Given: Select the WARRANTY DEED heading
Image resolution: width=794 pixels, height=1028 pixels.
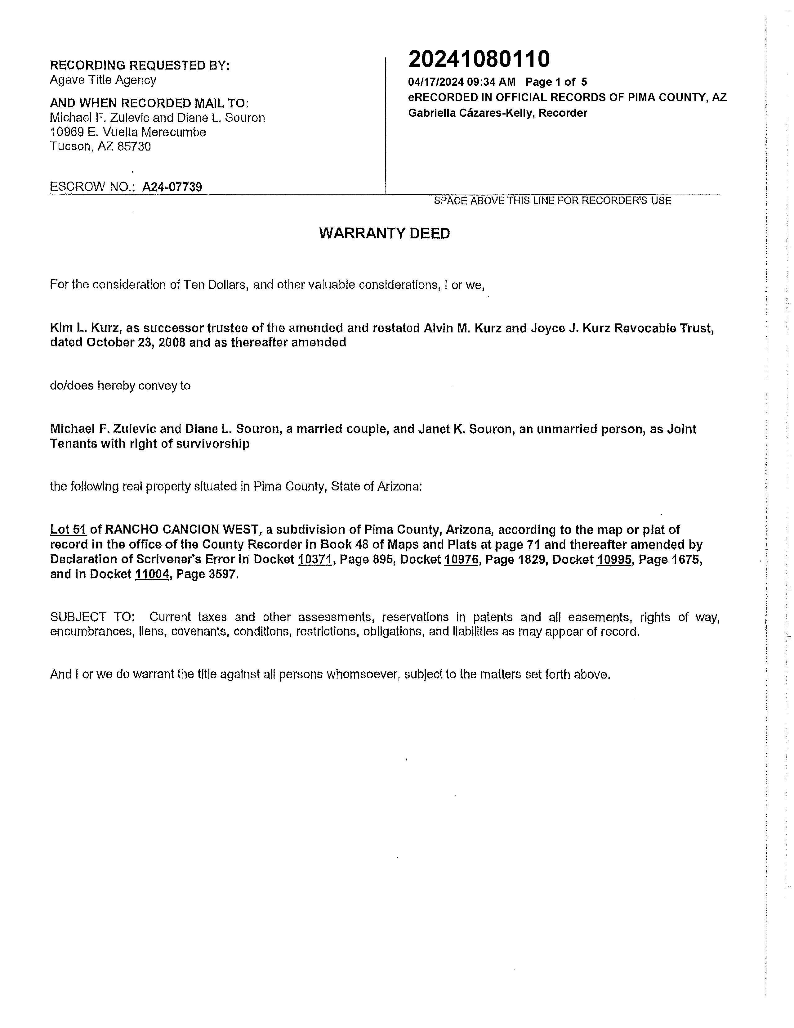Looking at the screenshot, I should click(384, 233).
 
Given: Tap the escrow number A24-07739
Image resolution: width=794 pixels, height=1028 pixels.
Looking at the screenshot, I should click(172, 187).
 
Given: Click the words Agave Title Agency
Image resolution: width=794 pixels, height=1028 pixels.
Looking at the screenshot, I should click(103, 80).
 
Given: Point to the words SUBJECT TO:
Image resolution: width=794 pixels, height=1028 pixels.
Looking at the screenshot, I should click(92, 617).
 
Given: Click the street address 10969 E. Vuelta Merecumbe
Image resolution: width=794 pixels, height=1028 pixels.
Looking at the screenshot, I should click(128, 132).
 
